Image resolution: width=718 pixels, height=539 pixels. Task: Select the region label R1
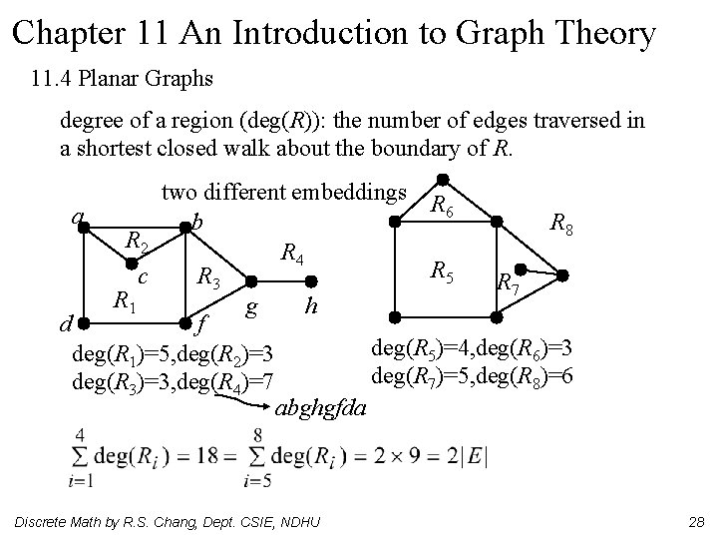pos(122,298)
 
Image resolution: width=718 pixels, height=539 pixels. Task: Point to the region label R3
pos(207,276)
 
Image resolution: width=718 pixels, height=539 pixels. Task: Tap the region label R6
pos(444,206)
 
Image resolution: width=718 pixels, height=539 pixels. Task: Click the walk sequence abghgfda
pos(321,407)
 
